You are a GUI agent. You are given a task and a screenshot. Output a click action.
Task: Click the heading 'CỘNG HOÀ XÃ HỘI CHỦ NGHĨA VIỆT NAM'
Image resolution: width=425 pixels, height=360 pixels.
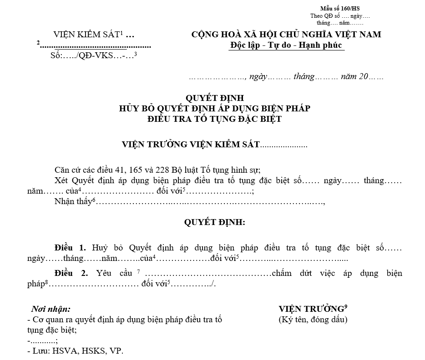286,35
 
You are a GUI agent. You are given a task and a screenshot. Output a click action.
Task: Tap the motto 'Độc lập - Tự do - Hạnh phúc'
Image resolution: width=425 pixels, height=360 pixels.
286,45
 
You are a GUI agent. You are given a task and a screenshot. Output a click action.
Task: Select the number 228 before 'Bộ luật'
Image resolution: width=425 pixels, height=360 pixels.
163,170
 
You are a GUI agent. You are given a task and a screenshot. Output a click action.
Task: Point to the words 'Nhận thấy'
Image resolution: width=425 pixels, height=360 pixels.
72,202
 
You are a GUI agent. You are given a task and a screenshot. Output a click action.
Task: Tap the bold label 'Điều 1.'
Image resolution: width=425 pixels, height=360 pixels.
70,248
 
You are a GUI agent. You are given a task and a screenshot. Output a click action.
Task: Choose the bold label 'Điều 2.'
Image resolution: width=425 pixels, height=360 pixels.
71,274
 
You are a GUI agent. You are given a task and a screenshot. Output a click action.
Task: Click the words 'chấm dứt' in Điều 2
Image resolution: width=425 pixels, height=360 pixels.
289,274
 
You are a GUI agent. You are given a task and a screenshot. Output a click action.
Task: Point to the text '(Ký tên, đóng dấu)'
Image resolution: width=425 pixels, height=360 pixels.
313,320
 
